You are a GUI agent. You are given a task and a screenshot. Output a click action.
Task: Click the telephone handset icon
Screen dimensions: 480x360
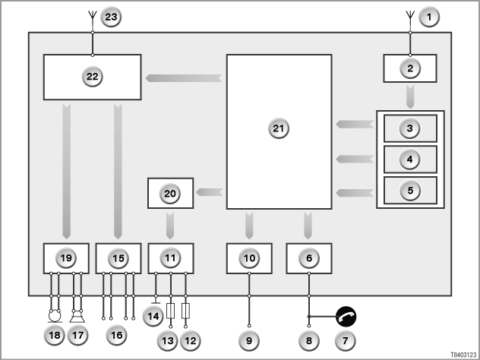click(x=346, y=316)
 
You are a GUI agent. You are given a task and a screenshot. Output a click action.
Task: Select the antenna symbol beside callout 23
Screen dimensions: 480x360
click(x=93, y=21)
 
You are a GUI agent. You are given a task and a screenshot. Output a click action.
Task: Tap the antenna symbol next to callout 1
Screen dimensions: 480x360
click(x=410, y=21)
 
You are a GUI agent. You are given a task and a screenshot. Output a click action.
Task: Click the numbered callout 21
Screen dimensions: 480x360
click(x=279, y=128)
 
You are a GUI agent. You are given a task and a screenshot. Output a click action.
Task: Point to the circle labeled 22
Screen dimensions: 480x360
click(x=93, y=77)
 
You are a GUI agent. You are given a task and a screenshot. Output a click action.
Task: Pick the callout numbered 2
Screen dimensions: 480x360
click(x=410, y=68)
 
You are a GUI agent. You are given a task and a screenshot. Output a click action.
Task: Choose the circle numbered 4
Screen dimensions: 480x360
click(x=410, y=159)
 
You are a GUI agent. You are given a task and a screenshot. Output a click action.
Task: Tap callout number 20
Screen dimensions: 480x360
click(x=170, y=194)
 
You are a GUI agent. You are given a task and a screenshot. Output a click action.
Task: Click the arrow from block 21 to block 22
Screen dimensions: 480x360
click(x=184, y=78)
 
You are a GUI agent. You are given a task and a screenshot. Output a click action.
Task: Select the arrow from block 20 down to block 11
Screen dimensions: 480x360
click(x=170, y=226)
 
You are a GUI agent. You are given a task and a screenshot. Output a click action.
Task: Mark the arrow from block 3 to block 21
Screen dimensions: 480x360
click(x=355, y=125)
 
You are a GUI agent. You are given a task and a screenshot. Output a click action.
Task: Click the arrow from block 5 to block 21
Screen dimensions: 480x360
click(x=355, y=193)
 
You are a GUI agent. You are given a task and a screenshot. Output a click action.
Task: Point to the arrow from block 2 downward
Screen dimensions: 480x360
click(x=410, y=96)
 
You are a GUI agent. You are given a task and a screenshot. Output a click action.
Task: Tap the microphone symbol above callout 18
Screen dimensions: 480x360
click(x=55, y=316)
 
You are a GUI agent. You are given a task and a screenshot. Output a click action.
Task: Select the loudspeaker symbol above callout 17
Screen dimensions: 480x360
click(x=77, y=316)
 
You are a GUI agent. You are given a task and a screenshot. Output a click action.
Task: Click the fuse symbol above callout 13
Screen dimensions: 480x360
click(x=171, y=311)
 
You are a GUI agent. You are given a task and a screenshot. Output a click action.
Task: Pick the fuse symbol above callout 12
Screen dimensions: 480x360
click(x=185, y=311)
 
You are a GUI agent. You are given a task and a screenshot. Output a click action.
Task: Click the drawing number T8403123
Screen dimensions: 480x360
click(x=464, y=355)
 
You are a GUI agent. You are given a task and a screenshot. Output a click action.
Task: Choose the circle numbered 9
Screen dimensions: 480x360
click(x=249, y=340)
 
